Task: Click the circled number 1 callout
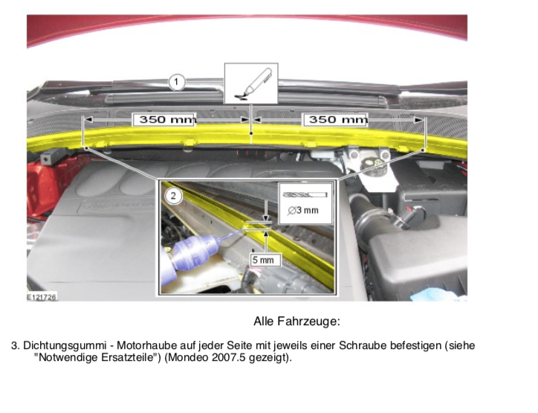click(176, 83)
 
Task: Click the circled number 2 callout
click(173, 196)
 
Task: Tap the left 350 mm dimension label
click(164, 120)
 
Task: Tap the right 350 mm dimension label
click(335, 120)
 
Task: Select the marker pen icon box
click(251, 83)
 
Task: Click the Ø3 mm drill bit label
click(303, 211)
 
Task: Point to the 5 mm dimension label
click(264, 260)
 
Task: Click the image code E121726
click(42, 297)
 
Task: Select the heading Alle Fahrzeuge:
click(296, 321)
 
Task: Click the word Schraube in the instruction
click(363, 345)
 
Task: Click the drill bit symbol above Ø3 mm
click(305, 195)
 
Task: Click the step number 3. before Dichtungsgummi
click(16, 345)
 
